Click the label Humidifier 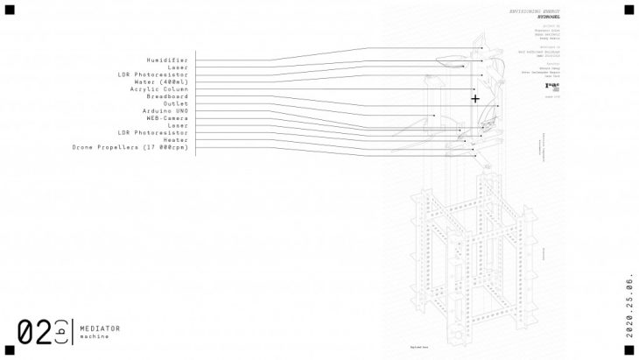(169, 60)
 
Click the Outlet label (176, 103)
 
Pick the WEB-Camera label (167, 118)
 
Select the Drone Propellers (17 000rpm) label (130, 147)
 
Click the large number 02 (34, 332)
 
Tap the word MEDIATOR (100, 328)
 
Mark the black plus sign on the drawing (475, 99)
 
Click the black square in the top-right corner (627, 10)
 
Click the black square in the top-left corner (10, 10)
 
